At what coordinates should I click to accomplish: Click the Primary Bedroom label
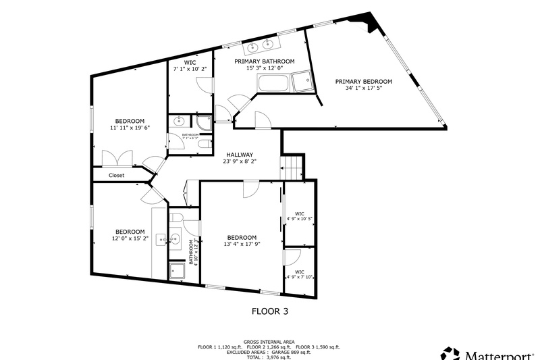click(363, 81)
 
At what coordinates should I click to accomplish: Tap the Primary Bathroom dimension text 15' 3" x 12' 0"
click(264, 69)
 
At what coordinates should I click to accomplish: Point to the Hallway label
click(239, 154)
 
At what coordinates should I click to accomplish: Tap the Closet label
click(116, 176)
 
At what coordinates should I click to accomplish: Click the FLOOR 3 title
click(274, 312)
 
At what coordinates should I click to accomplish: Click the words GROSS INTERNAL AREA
click(269, 342)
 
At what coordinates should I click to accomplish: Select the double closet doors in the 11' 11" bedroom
click(120, 159)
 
